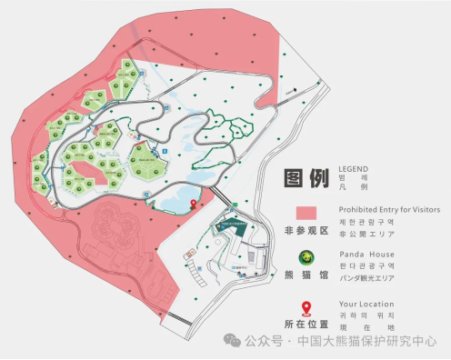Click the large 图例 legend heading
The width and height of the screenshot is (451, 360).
pyautogui.click(x=305, y=178)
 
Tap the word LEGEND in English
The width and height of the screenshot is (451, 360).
pyautogui.click(x=354, y=168)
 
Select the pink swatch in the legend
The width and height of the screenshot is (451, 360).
pyautogui.click(x=306, y=209)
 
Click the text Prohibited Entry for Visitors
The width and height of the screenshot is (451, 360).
pyautogui.click(x=389, y=209)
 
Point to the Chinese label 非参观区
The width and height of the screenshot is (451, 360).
pyautogui.click(x=305, y=231)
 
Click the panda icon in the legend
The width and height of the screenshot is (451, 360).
pyautogui.click(x=306, y=256)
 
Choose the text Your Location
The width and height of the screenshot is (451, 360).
pyautogui.click(x=366, y=304)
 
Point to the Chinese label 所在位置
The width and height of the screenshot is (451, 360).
pyautogui.click(x=305, y=325)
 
